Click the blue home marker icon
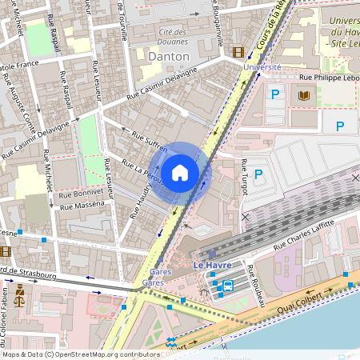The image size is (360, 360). tap(180, 172)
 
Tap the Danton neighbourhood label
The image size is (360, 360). tap(169, 57)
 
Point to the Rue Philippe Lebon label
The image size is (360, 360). tap(328, 78)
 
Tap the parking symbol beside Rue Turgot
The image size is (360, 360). tap(258, 174)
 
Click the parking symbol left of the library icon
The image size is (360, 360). tap(275, 95)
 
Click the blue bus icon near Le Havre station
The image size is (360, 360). tap(228, 285)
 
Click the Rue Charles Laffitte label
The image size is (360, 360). tap(307, 237)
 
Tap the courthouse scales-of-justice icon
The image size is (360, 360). tap(19, 306)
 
